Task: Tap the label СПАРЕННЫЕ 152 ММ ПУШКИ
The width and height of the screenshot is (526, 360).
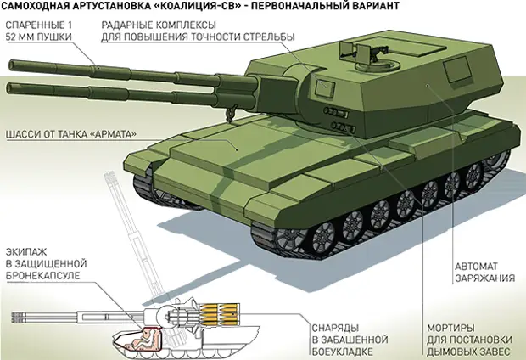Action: point(38,31)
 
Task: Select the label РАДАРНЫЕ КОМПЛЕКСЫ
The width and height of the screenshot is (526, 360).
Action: point(159,25)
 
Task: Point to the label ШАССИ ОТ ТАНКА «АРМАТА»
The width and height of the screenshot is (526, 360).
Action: point(71,134)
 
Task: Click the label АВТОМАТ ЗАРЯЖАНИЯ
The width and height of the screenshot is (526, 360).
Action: point(484,273)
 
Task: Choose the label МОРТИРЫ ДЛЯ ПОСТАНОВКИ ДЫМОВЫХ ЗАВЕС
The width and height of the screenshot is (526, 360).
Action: point(470,340)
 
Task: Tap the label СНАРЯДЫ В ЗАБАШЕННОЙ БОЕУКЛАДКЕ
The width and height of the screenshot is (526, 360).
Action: point(350,340)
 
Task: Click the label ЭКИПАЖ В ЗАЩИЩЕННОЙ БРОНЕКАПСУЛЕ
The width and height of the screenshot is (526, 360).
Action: point(47,264)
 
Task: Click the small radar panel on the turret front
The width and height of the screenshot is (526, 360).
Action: point(324,86)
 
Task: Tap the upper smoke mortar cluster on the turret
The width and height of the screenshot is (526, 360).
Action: point(335,112)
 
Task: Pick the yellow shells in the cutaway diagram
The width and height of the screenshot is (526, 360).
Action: point(218,313)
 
